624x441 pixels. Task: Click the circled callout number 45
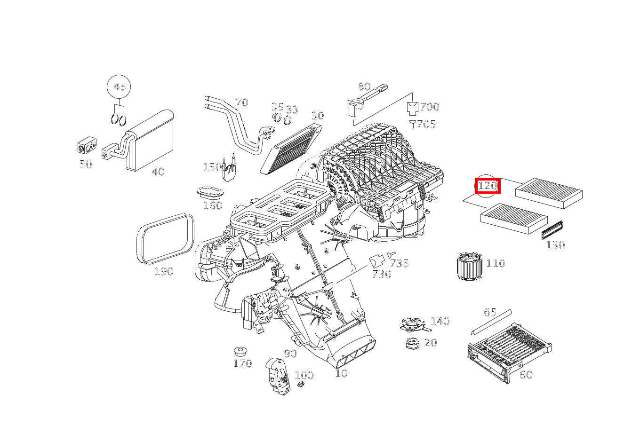pyautogui.click(x=119, y=87)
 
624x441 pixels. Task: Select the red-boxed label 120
pyautogui.click(x=487, y=186)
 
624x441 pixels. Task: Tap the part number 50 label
pyautogui.click(x=86, y=164)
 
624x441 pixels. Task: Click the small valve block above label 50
pyautogui.click(x=87, y=146)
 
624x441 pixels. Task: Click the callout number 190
pyautogui.click(x=164, y=271)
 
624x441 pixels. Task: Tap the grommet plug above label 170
pyautogui.click(x=241, y=351)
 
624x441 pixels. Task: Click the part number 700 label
pyautogui.click(x=429, y=107)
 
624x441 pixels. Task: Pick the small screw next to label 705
pyautogui.click(x=413, y=124)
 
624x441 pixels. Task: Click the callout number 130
pyautogui.click(x=555, y=245)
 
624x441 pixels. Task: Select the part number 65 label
pyautogui.click(x=490, y=312)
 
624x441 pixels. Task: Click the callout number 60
pyautogui.click(x=526, y=375)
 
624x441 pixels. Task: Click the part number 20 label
pyautogui.click(x=430, y=343)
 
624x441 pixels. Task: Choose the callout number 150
pyautogui.click(x=212, y=167)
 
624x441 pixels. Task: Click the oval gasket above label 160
pyautogui.click(x=210, y=193)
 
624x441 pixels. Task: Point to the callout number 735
pyautogui.click(x=399, y=263)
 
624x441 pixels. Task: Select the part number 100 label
pyautogui.click(x=304, y=375)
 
